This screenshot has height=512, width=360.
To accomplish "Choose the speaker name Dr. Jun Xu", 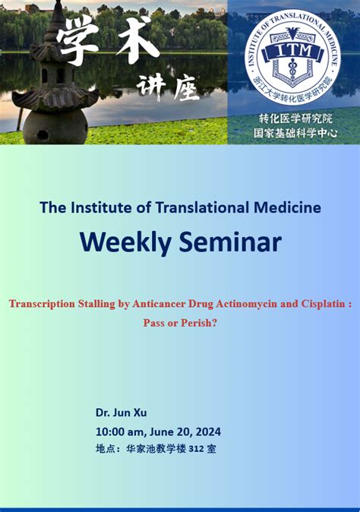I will [x=121, y=412].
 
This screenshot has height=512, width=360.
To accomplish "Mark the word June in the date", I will [x=159, y=431].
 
